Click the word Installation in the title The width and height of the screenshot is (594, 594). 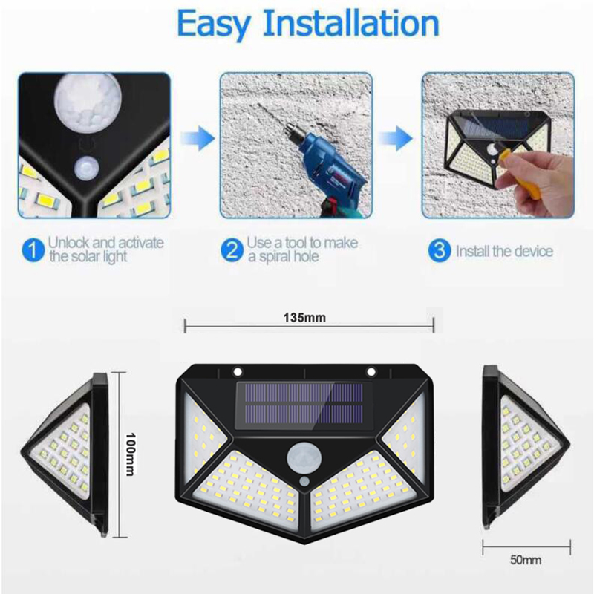350,23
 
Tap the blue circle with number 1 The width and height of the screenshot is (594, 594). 33,250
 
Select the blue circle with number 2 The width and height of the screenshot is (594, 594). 232,250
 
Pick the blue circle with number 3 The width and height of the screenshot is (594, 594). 439,250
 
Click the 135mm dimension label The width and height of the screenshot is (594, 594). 304,318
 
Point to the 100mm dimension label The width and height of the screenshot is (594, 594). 130,454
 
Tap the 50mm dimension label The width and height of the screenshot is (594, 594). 526,560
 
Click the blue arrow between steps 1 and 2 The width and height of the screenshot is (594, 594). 197,138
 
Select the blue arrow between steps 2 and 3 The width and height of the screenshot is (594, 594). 395,138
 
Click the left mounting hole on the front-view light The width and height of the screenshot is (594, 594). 238,372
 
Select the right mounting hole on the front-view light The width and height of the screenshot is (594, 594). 371,372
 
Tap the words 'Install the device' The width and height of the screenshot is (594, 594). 504,251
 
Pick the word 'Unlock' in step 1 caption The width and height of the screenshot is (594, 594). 68,243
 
